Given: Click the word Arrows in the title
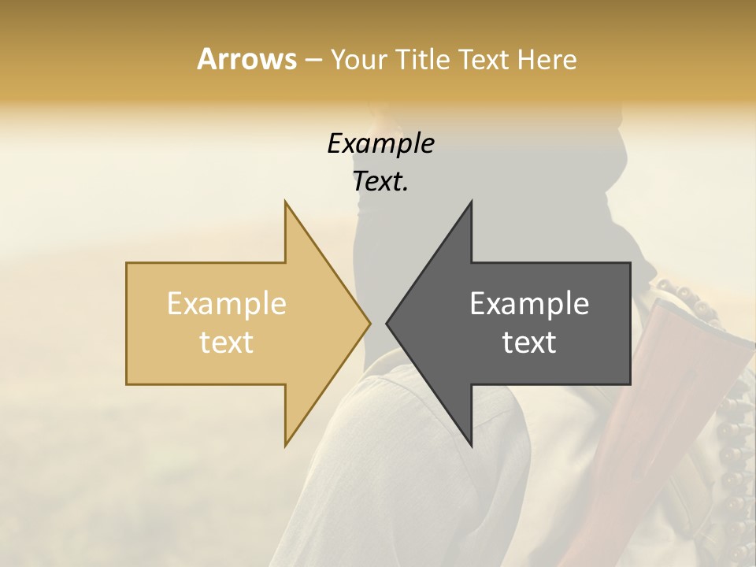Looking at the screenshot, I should tap(246, 59).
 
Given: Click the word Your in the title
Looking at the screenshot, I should tap(358, 60).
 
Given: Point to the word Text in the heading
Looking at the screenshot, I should tap(484, 60).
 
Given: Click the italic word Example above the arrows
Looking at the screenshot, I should tap(380, 143).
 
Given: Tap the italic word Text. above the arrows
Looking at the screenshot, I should tap(380, 181).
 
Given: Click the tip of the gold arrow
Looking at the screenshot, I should tap(370, 323).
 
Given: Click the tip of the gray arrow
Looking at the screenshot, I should tap(387, 323).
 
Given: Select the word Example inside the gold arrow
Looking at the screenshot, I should tap(227, 303).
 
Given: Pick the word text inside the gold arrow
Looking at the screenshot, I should tap(227, 343).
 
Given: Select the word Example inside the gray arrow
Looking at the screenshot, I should tap(529, 303).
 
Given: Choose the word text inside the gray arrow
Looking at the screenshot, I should tap(529, 343).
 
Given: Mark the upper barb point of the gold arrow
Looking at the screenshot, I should tap(285, 202).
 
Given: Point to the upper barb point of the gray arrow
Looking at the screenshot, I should tap(472, 202).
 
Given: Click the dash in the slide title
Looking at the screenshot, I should tap(313, 60).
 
